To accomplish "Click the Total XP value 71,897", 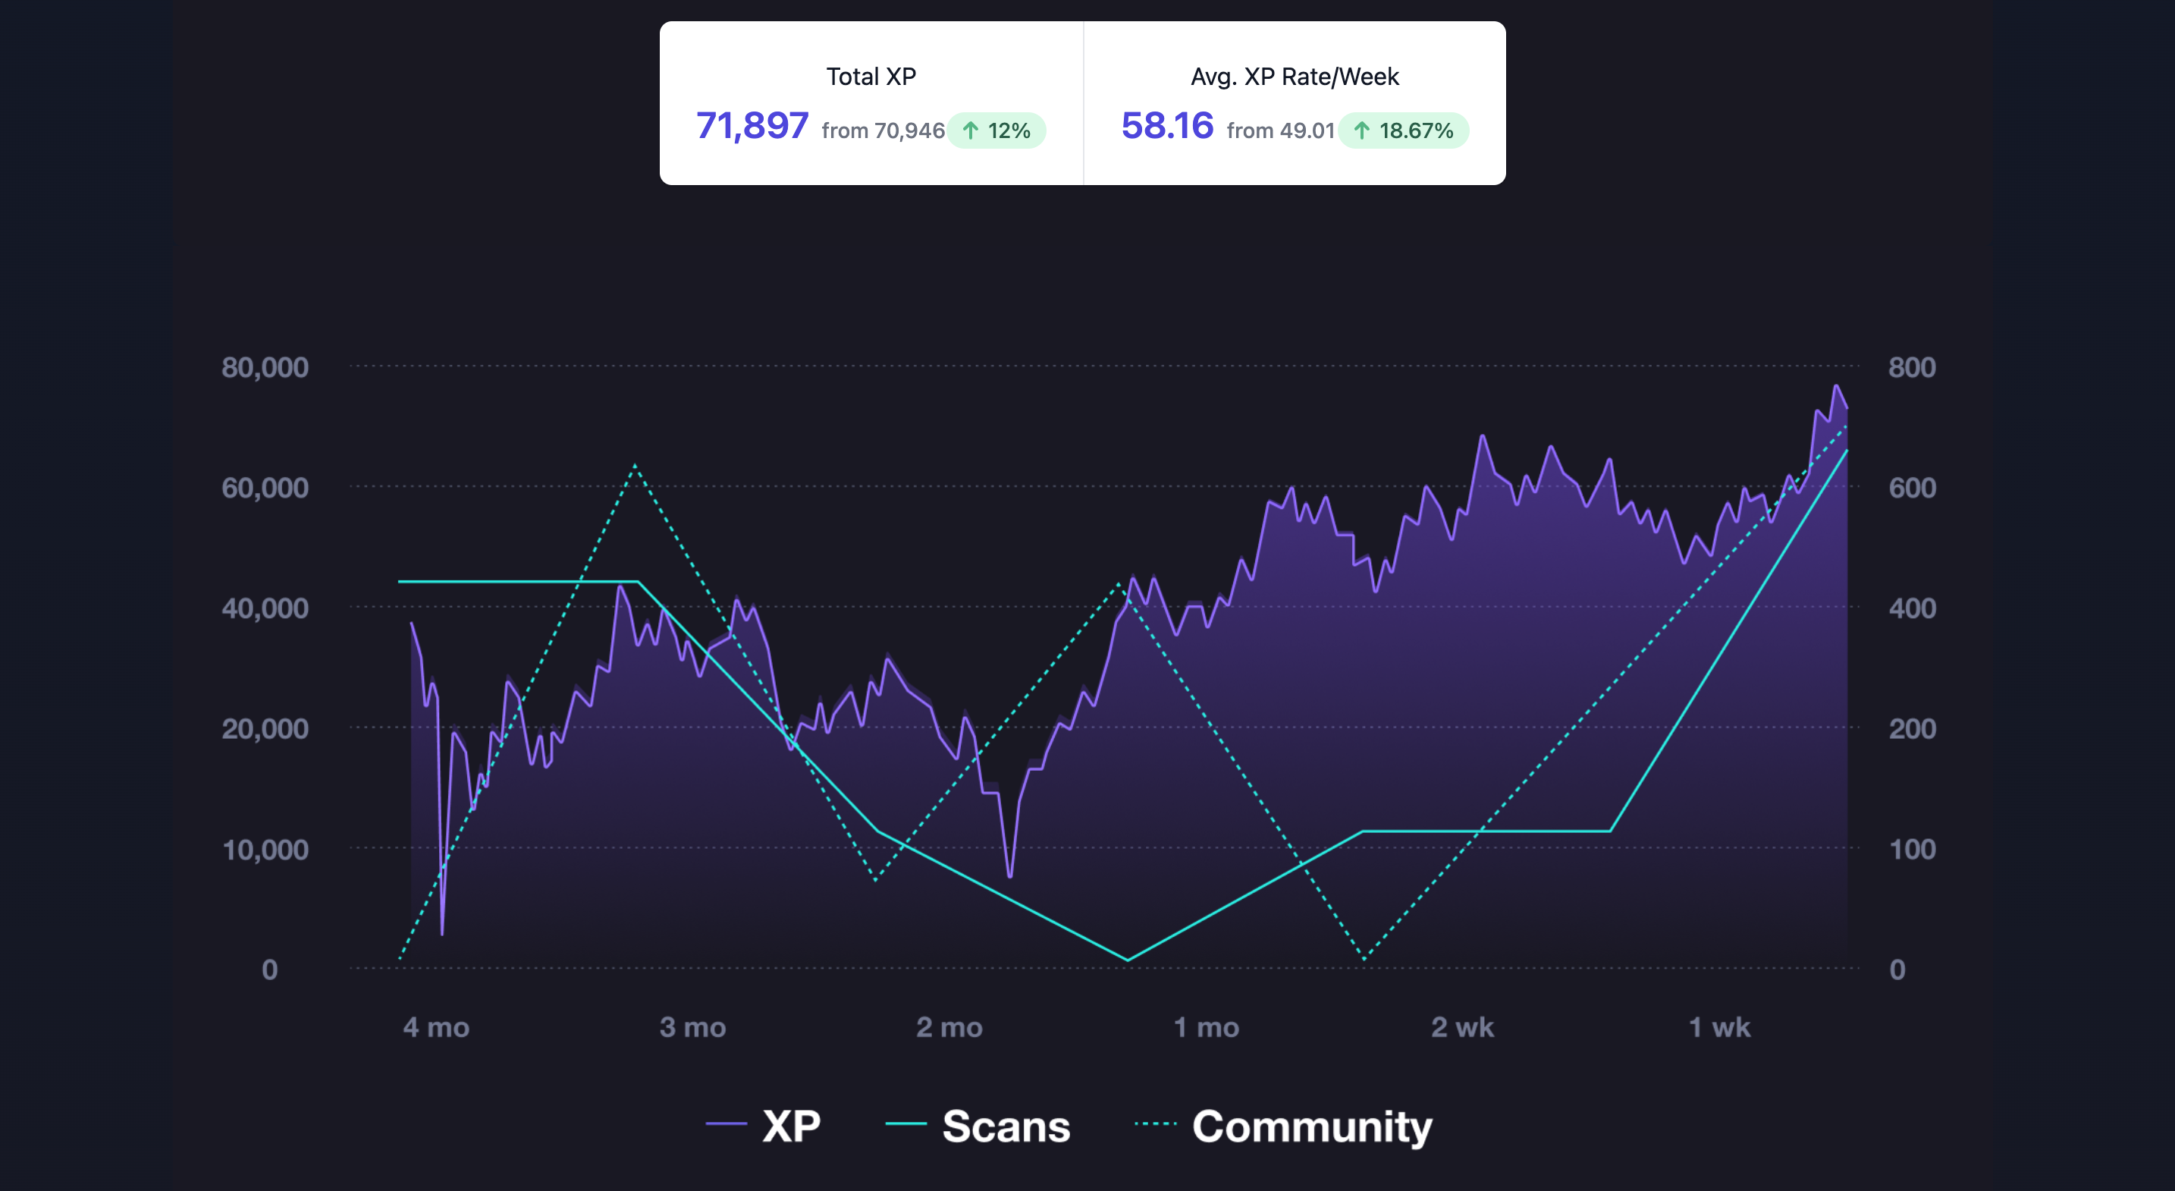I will (752, 127).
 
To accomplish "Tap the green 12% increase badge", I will (997, 131).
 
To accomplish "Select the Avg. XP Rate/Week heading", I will (1295, 77).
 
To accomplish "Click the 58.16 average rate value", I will (1167, 127).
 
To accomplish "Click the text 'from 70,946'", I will (882, 131).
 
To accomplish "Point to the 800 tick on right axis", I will (1912, 367).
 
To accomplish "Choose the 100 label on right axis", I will (1912, 850).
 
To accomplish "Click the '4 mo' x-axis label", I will (435, 1027).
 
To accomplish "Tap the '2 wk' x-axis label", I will (1462, 1027).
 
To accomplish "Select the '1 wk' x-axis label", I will (1719, 1027).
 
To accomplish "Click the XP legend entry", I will (764, 1126).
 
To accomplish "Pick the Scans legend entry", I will (978, 1126).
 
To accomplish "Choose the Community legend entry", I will (1284, 1126).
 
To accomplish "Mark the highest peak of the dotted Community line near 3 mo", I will (635, 466).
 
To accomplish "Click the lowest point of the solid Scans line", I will (1127, 960).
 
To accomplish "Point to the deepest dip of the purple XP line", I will (441, 933).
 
